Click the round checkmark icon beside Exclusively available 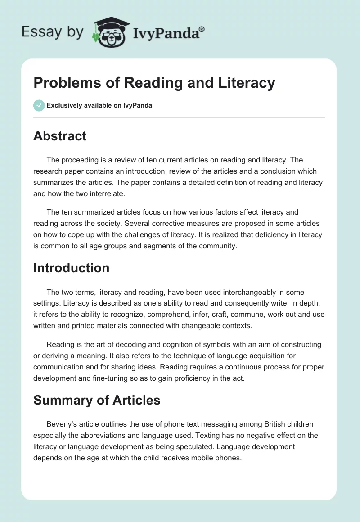(39, 105)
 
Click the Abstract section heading (60, 136)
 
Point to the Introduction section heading (71, 268)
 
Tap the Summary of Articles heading (97, 400)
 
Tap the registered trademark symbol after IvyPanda (202, 28)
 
